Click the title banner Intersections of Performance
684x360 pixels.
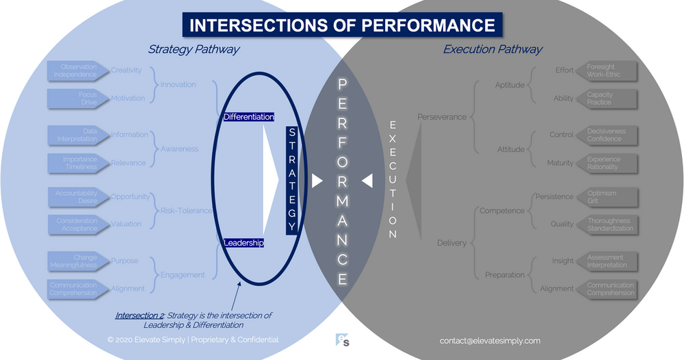[x=342, y=25]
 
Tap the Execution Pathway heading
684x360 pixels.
[x=492, y=49]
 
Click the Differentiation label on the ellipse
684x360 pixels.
[x=248, y=117]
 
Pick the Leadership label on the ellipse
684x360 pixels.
[x=244, y=242]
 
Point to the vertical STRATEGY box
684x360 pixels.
[x=291, y=180]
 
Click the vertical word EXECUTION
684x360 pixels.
[x=393, y=180]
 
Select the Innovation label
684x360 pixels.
[x=179, y=85]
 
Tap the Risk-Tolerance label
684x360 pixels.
[x=186, y=211]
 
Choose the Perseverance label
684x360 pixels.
[x=442, y=117]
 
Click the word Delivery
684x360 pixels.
[x=452, y=243]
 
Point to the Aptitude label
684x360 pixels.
[x=510, y=85]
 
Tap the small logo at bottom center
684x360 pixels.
[x=343, y=339]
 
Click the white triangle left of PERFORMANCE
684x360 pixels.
[x=317, y=181]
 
